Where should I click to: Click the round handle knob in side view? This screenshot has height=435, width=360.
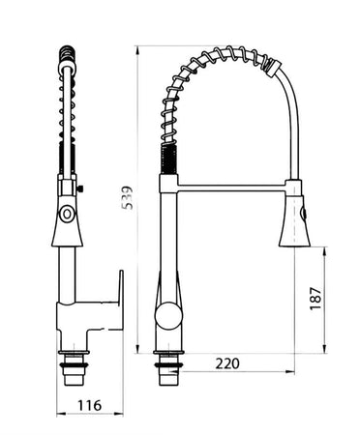[168, 314]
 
